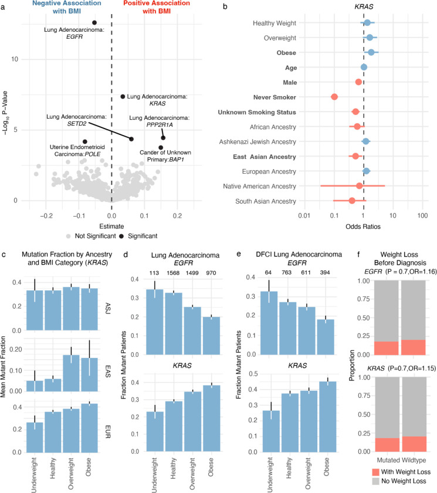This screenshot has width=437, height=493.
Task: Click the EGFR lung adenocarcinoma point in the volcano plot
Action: [94, 22]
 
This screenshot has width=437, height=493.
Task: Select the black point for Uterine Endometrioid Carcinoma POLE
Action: [85, 141]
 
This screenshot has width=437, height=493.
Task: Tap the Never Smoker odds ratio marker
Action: [334, 96]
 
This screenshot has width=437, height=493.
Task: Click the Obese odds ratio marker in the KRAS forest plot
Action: [371, 52]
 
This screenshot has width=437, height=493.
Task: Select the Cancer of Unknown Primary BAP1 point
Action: [161, 147]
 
